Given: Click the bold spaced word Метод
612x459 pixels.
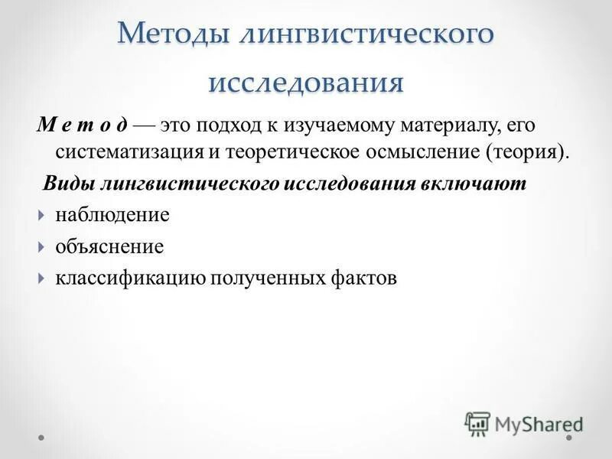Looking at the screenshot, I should (83, 124).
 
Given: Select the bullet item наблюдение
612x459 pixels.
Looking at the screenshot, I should (112, 215).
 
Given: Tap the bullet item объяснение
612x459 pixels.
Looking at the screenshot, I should (109, 247).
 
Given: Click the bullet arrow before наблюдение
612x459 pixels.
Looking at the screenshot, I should (41, 216).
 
